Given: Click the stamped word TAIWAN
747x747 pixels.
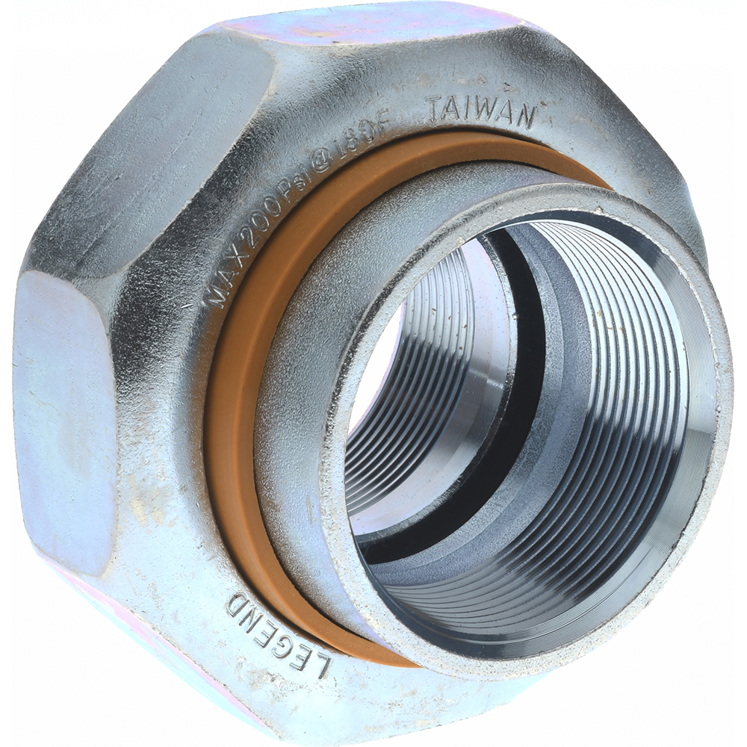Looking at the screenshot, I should (x=483, y=112).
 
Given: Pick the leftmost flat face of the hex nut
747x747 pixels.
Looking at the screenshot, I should (x=63, y=418).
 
